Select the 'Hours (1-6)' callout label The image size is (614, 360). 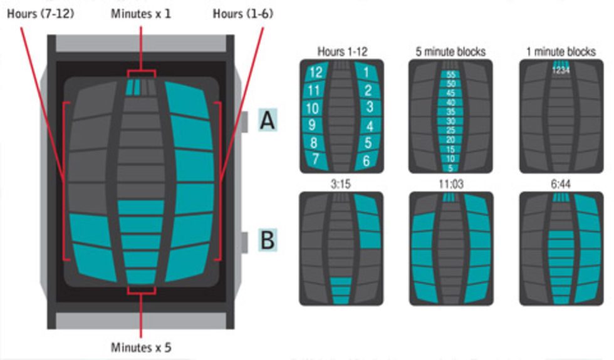(x=242, y=13)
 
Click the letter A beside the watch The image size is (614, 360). (x=268, y=121)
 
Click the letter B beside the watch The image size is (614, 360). (x=268, y=240)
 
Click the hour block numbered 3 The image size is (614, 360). (x=369, y=108)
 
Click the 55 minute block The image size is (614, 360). (x=450, y=75)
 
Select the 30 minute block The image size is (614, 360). (x=450, y=121)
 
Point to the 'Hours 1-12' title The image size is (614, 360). (x=341, y=52)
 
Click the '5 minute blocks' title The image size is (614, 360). (x=450, y=52)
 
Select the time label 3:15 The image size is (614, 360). (x=341, y=185)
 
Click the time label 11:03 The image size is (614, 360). (x=450, y=185)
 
